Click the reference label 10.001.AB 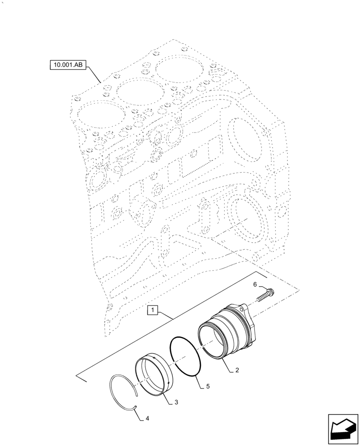68,65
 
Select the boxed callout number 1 152,310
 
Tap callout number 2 238,370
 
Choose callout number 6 255,284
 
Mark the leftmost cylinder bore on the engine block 99,117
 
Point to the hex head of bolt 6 270,292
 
